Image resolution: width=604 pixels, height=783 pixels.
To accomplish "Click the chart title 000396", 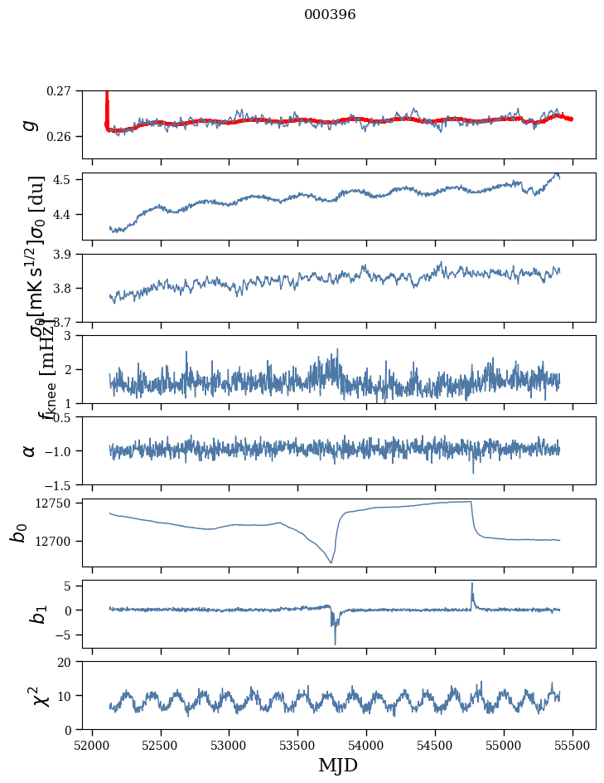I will tap(330, 15).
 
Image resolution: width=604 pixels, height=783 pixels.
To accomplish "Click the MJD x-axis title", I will tap(338, 765).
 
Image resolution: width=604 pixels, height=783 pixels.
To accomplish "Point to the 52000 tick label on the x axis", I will tap(92, 745).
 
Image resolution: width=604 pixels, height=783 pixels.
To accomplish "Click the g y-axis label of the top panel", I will tap(30, 124).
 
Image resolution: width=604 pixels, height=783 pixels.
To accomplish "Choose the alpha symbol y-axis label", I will tap(30, 450).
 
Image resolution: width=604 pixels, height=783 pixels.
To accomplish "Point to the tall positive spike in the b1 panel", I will tap(472, 584).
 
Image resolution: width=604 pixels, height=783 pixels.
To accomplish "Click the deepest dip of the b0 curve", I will tap(331, 562).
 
